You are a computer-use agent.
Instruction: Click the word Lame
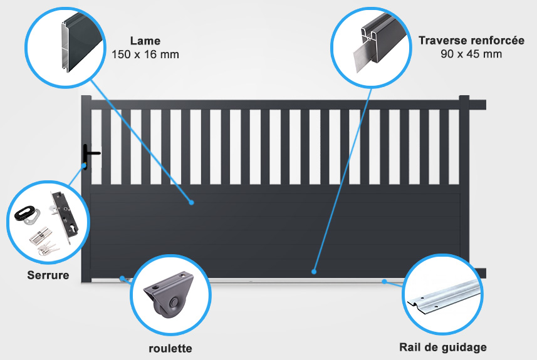[x=145, y=41]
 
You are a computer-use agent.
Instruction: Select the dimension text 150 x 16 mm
[x=145, y=54]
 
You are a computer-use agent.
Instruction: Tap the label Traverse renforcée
[x=471, y=40]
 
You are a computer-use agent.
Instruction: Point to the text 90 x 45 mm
[x=471, y=54]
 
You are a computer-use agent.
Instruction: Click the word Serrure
[x=48, y=275]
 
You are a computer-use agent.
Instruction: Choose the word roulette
[x=170, y=348]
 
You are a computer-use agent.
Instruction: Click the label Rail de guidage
[x=443, y=347]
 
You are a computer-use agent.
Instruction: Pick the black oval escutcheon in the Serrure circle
[x=26, y=212]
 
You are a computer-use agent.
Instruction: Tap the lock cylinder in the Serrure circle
[x=40, y=235]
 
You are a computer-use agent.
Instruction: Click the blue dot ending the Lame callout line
[x=192, y=203]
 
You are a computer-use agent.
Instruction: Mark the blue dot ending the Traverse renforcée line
[x=314, y=272]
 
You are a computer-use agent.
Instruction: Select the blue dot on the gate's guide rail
[x=385, y=281]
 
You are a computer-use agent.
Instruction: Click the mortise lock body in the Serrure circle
[x=65, y=216]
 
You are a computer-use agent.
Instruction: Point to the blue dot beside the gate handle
[x=84, y=166]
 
